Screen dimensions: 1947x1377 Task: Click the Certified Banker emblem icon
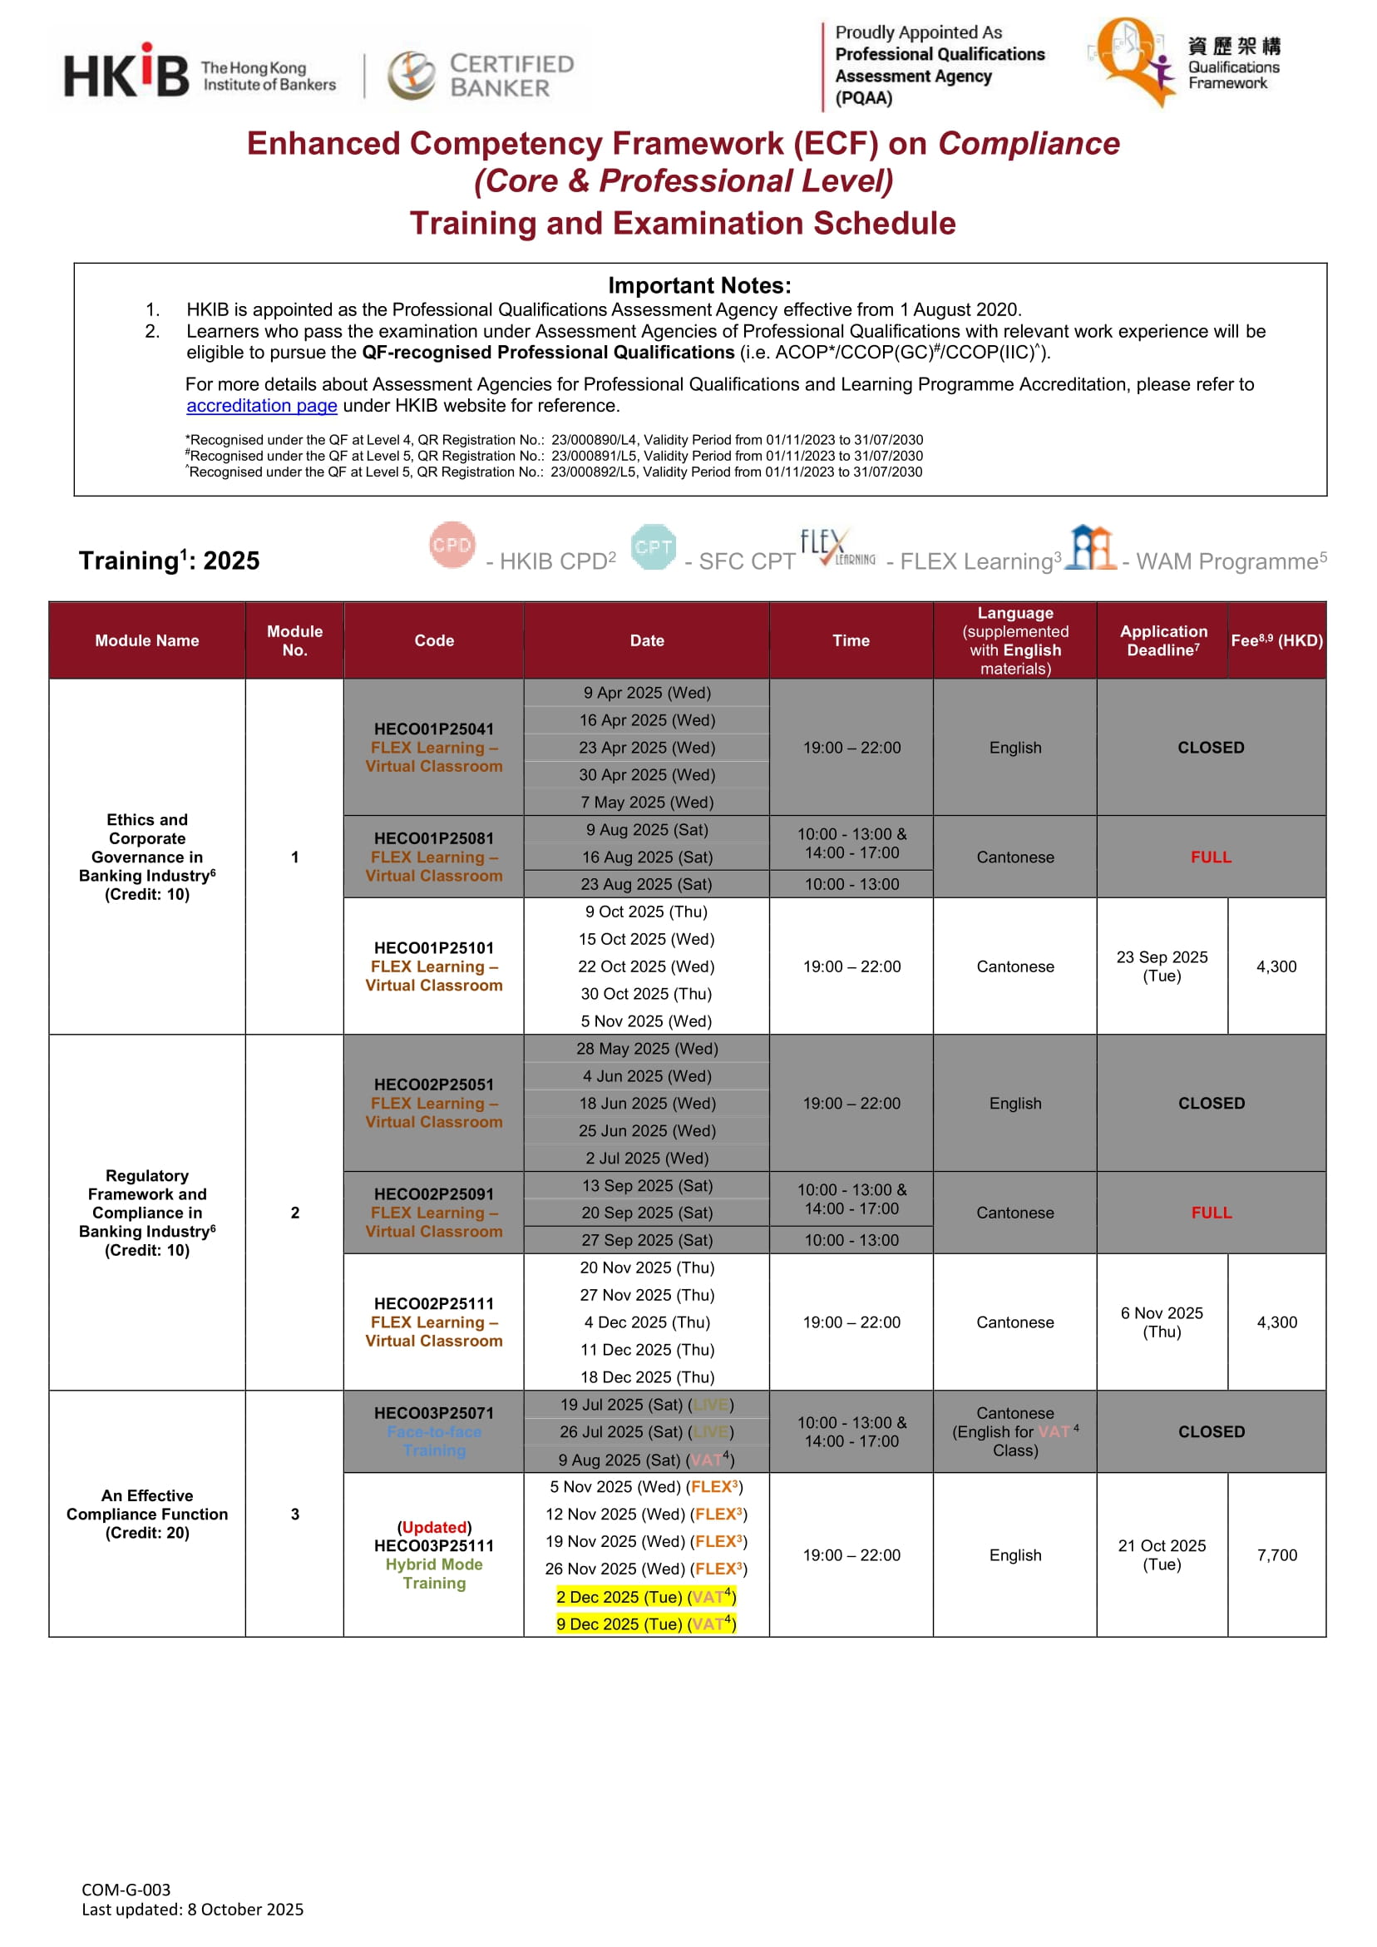[x=412, y=75]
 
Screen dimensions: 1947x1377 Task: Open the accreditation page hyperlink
[x=261, y=406]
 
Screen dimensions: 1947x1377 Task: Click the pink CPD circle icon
[x=452, y=546]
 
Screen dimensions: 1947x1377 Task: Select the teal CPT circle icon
[x=653, y=547]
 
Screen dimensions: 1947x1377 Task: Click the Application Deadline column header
[x=1162, y=640]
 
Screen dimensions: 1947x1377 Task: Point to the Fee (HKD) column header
[x=1276, y=640]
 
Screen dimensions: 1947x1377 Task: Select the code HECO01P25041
[x=433, y=729]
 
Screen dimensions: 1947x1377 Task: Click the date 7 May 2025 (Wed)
[x=646, y=803]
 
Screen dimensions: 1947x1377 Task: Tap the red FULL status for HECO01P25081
[x=1210, y=857]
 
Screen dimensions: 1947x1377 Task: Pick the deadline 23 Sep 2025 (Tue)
[x=1162, y=966]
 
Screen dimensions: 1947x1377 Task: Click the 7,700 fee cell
[x=1276, y=1555]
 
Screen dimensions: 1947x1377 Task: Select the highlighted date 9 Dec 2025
[x=646, y=1624]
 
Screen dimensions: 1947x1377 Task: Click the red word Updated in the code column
[x=434, y=1527]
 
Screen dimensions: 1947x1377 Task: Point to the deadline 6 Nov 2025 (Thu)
[x=1162, y=1322]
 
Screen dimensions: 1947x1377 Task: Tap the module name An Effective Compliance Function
[x=146, y=1514]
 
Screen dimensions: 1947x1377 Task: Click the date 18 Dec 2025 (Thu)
[x=646, y=1377]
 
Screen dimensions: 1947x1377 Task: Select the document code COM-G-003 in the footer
[x=126, y=1890]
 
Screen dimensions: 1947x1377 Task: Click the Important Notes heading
[x=699, y=286]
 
